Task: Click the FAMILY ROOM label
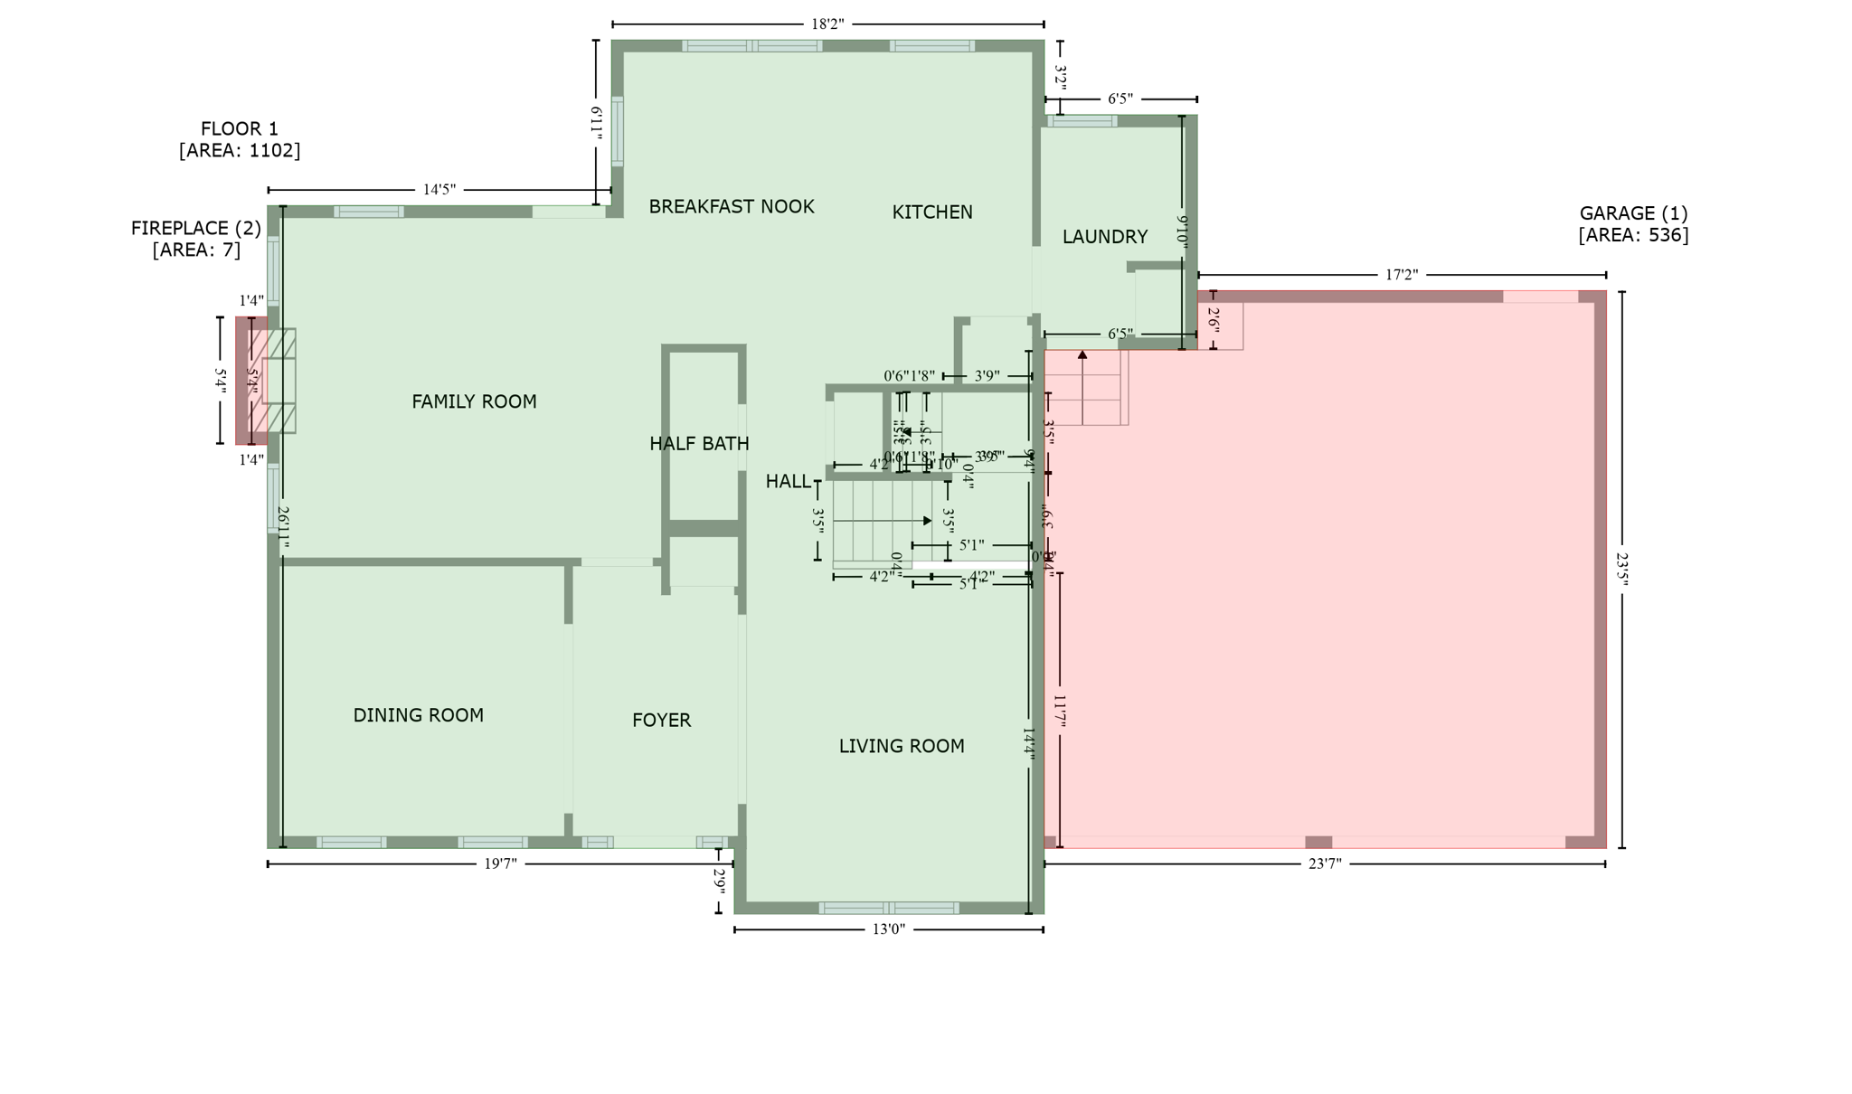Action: coord(474,401)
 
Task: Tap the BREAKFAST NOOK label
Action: coord(732,207)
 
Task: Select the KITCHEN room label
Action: coord(932,212)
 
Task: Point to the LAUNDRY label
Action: coord(1104,237)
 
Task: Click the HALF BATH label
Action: coord(699,444)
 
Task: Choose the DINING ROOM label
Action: coord(418,715)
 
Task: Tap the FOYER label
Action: coord(661,721)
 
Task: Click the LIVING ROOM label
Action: coord(902,746)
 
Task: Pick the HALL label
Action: coord(788,482)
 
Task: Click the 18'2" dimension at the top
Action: coord(827,24)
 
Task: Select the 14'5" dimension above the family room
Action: coord(439,190)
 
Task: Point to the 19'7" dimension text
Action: coord(500,864)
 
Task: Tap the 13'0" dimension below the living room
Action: coord(888,929)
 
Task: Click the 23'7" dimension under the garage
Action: coord(1325,864)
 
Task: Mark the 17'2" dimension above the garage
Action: coord(1402,275)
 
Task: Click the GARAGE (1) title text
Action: coord(1633,213)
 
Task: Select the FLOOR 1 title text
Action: coord(240,129)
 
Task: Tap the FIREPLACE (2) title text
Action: coord(196,229)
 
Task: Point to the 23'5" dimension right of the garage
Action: coord(1621,571)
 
